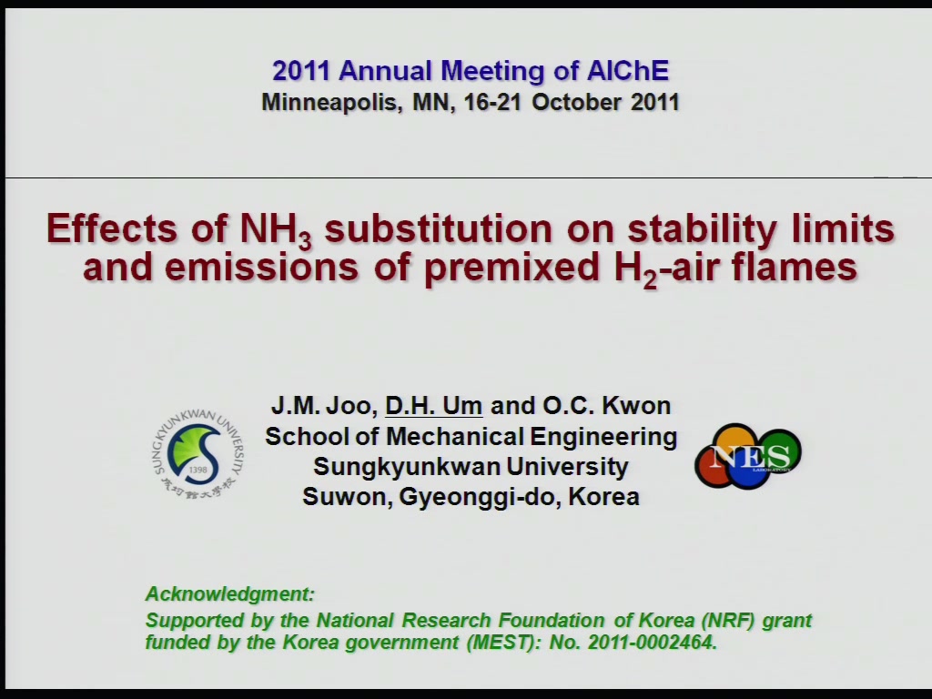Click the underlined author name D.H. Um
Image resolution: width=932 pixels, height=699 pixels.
pos(434,405)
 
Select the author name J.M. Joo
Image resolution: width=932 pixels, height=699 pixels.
pos(323,406)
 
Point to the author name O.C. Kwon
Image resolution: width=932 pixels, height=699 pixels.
pos(607,405)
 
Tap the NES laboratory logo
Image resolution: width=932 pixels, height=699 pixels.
pos(748,456)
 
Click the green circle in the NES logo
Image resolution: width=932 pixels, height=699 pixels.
pos(779,451)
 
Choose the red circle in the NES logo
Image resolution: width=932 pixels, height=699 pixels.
pos(714,467)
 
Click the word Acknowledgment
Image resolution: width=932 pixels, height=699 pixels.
pos(229,593)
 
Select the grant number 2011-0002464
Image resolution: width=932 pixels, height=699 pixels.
pos(652,642)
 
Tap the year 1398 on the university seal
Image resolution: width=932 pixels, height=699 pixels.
pos(198,470)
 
